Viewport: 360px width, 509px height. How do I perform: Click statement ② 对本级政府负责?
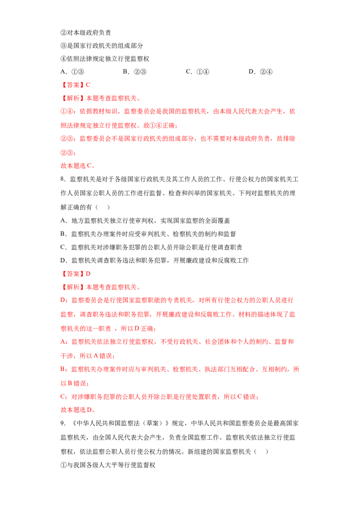[86, 32]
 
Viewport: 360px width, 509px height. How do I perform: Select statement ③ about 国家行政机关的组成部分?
[102, 46]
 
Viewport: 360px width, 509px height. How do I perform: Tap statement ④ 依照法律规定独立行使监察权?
[105, 59]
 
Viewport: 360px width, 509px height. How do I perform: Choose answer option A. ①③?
[72, 72]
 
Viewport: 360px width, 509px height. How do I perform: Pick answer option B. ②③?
[135, 72]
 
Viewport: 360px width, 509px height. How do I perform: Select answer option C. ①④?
[198, 72]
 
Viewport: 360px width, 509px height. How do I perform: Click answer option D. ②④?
[261, 72]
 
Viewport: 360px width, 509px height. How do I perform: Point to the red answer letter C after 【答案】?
[88, 85]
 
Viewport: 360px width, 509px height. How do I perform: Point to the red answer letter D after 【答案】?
[88, 274]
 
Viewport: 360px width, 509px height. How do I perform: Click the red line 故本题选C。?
[78, 166]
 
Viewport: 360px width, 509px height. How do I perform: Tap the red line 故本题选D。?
[78, 410]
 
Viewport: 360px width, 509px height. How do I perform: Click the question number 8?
[63, 179]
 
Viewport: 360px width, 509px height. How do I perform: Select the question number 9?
[63, 423]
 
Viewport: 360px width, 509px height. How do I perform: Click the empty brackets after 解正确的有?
[103, 207]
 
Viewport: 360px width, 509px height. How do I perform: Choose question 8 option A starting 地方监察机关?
[145, 221]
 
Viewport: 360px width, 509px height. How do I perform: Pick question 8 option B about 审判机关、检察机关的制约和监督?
[148, 234]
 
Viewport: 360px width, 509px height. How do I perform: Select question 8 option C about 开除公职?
[151, 247]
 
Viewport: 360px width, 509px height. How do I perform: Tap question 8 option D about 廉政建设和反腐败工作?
[155, 260]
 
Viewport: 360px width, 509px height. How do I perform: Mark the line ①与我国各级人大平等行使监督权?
[108, 465]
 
